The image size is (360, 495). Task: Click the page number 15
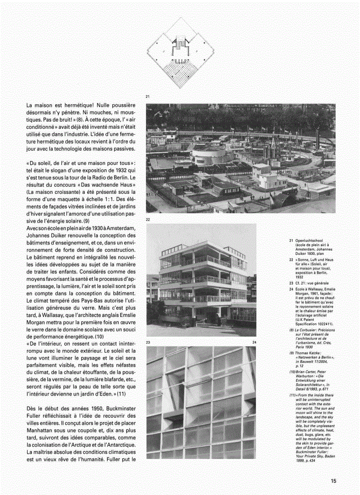[x=333, y=481]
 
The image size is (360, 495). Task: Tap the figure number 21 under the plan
[x=148, y=96]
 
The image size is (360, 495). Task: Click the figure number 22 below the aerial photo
[x=148, y=219]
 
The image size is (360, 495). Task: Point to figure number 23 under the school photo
[x=148, y=342]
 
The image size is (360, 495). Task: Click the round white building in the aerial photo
[x=210, y=156]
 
